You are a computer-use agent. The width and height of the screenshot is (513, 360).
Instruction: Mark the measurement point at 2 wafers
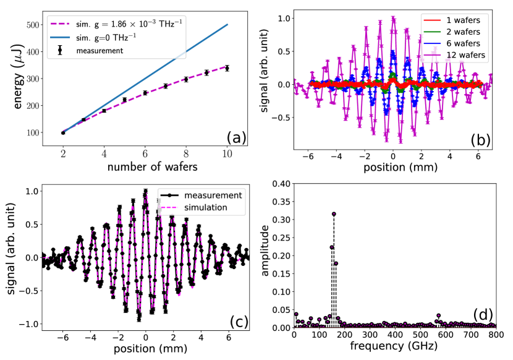coord(63,132)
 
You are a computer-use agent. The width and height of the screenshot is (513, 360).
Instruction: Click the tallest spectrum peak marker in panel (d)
coord(334,214)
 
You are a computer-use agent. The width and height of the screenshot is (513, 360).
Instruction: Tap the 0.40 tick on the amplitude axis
coord(281,184)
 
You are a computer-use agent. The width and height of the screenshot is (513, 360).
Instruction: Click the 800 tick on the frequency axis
coord(494,335)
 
